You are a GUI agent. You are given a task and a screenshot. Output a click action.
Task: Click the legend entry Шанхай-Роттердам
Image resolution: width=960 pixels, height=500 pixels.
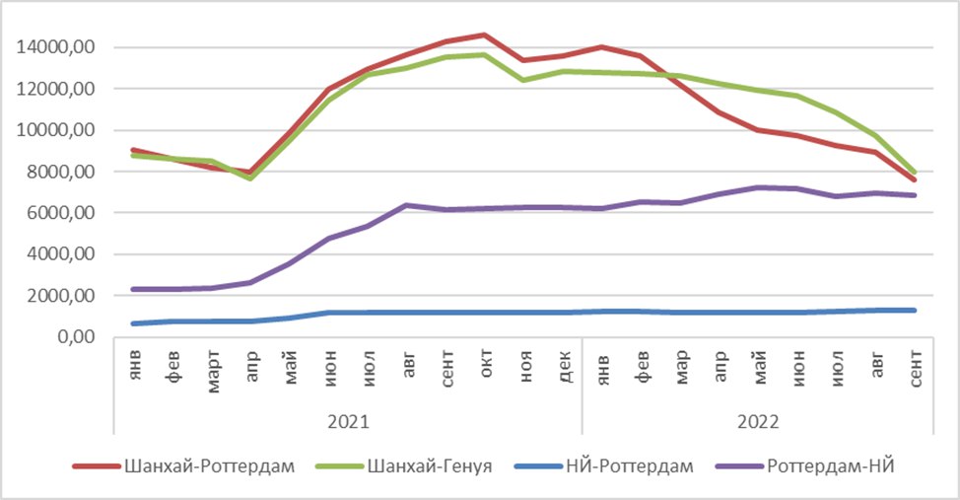click(x=183, y=466)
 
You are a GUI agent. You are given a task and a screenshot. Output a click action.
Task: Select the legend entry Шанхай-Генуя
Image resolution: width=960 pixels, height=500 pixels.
click(x=404, y=466)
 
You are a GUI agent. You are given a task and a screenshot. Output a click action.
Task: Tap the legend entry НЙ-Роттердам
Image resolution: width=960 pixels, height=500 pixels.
click(x=603, y=466)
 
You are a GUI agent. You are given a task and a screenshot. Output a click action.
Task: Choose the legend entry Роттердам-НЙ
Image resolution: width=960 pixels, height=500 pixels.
click(x=805, y=466)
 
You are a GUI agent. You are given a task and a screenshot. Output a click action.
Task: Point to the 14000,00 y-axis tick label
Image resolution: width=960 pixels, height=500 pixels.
click(x=56, y=47)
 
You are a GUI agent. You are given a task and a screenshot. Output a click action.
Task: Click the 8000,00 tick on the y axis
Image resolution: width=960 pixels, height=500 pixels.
click(x=60, y=172)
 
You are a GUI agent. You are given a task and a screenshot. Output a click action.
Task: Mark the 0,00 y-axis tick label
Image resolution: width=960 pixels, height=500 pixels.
click(x=77, y=337)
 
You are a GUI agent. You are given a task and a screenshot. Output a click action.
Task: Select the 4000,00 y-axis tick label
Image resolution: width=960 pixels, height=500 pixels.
click(x=60, y=254)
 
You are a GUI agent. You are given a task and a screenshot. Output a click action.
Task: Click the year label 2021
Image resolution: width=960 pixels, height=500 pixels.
click(x=348, y=422)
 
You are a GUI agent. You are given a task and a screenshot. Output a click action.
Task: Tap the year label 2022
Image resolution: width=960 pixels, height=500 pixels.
click(x=758, y=422)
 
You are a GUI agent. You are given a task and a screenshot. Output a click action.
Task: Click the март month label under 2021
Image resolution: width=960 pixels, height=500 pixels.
click(x=213, y=372)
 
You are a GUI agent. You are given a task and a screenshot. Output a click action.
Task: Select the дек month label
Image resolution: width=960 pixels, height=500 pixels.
click(x=564, y=366)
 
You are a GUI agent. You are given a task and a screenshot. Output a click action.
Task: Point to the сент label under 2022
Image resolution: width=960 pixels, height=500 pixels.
click(x=916, y=369)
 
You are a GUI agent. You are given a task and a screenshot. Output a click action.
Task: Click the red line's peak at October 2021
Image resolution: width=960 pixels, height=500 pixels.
click(x=485, y=35)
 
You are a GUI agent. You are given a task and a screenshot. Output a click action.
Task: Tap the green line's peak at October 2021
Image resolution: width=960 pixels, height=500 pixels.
click(x=485, y=55)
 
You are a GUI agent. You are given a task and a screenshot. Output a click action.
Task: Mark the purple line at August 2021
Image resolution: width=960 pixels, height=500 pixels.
click(x=406, y=205)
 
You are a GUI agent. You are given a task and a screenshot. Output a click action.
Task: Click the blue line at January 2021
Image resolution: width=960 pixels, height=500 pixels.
click(x=134, y=323)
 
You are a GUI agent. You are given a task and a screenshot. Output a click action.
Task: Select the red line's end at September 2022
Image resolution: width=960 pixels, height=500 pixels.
click(x=915, y=179)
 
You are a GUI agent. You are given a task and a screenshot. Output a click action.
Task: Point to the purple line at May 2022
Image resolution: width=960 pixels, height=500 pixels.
click(x=759, y=187)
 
